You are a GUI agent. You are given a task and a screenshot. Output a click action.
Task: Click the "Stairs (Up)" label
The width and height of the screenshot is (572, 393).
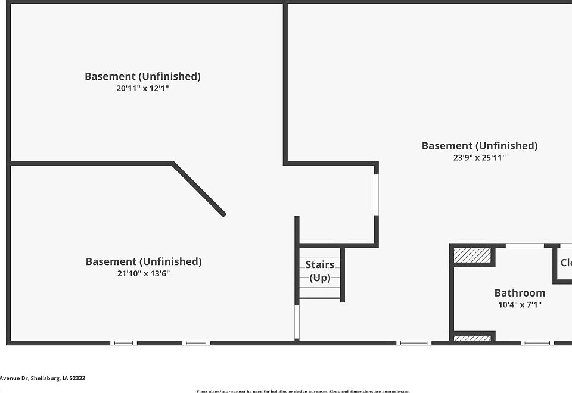pos(320,271)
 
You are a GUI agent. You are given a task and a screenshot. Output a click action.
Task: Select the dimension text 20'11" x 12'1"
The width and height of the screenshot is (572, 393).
pos(143,88)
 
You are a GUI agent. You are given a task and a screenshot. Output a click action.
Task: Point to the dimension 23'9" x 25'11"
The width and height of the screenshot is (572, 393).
pos(480,158)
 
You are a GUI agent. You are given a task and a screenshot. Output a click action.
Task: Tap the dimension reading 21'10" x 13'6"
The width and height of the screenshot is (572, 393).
pos(144,274)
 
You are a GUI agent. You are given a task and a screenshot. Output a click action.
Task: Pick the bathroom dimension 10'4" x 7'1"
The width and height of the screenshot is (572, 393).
pos(520,305)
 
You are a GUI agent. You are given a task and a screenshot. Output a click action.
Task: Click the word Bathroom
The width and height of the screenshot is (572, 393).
pos(520,292)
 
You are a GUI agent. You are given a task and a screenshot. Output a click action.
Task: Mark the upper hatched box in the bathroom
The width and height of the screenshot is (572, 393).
pos(472,255)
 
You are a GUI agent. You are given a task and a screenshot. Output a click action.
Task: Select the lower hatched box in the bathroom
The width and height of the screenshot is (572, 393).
pos(472,338)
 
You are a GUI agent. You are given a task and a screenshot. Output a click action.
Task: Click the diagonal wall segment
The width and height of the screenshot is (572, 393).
pos(199,189)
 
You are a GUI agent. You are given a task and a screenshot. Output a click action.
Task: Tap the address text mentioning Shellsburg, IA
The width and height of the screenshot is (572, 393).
pos(43,378)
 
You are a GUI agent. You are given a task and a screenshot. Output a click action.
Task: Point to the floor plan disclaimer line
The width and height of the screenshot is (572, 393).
pos(303,391)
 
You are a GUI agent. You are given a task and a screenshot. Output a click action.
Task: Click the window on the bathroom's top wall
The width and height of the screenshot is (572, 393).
pos(524,245)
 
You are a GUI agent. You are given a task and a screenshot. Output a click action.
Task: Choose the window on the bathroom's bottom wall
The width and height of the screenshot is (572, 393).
pos(537,342)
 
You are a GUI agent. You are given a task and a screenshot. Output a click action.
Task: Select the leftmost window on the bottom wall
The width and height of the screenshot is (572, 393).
pos(123,342)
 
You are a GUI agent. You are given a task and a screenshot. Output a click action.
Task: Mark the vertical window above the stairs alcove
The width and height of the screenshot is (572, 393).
pos(376,194)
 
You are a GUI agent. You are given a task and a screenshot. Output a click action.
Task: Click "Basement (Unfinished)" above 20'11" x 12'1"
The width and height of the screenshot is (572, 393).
pos(142,76)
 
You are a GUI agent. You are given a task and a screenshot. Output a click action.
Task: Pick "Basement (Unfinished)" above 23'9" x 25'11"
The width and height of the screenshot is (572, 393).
pos(480,146)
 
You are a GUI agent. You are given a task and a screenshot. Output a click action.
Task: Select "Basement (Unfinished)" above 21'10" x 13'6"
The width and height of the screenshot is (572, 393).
pos(144,261)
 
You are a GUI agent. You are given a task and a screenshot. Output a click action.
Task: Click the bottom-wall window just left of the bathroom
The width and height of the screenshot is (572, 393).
pos(414,342)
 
